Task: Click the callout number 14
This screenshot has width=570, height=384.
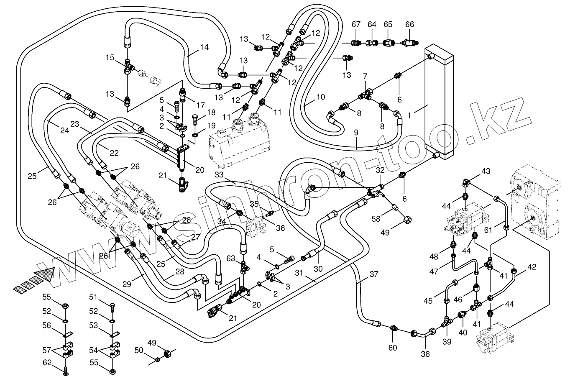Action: tap(204, 47)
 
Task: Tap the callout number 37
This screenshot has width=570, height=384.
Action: tap(374, 274)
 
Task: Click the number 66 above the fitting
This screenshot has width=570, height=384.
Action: tap(409, 25)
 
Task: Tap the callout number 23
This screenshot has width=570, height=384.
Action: tap(75, 124)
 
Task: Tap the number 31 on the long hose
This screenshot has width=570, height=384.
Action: tap(310, 273)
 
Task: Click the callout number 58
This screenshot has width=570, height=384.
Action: tap(376, 218)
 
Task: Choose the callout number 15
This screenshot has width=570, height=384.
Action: tap(110, 57)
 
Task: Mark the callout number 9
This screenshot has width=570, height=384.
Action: tap(356, 133)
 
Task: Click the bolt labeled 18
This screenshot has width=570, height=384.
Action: tap(195, 119)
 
